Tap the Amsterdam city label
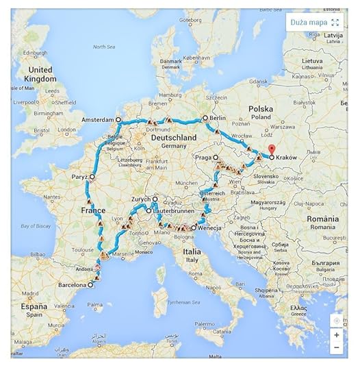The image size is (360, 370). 95,119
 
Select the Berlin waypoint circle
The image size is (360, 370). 205,119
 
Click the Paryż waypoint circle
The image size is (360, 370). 92,176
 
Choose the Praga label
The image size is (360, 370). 203,157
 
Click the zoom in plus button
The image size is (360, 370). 336,335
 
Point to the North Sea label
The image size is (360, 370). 103,47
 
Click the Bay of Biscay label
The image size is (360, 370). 36,225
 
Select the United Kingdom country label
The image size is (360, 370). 41,74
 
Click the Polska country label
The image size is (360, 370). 261,110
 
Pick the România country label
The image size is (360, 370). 322,219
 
